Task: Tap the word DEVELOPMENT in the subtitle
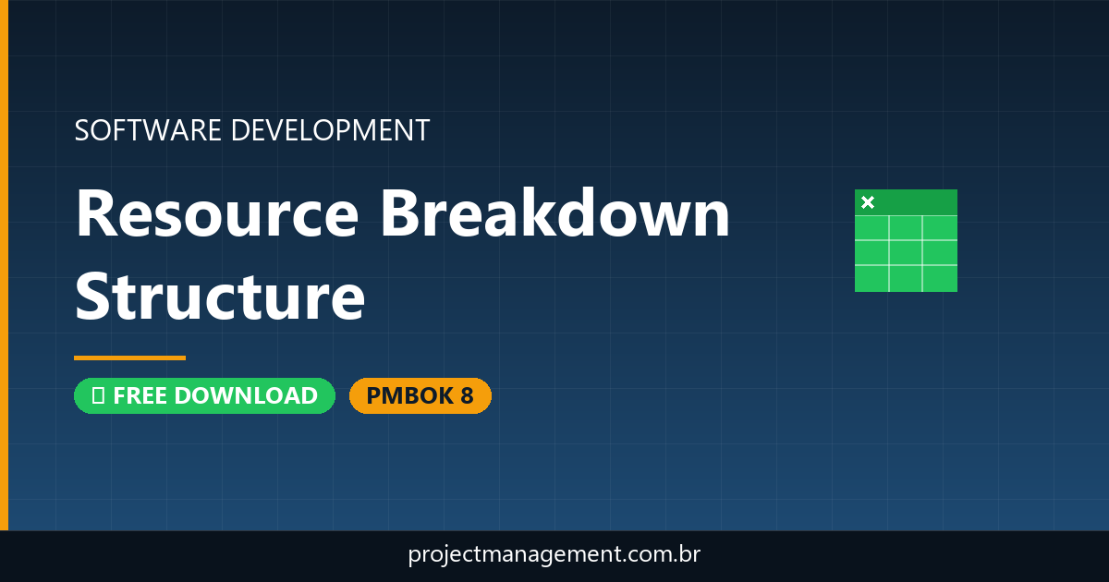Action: (x=330, y=130)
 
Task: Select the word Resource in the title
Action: (x=216, y=213)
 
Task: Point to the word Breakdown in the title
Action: (x=555, y=213)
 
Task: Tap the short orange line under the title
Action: (x=129, y=358)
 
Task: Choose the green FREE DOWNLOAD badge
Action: (x=204, y=395)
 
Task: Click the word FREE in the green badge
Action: (x=141, y=395)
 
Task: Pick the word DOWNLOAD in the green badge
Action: (x=246, y=395)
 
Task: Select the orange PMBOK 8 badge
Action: (x=420, y=395)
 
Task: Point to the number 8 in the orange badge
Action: (x=466, y=395)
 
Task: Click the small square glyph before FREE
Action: (x=97, y=395)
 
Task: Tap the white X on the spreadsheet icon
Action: (x=867, y=202)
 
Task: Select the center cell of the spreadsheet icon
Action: (x=906, y=252)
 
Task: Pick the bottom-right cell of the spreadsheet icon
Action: (x=940, y=277)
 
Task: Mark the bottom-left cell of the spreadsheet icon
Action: (x=871, y=277)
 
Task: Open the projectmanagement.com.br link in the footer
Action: (x=554, y=555)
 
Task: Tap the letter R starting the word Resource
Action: (x=96, y=213)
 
